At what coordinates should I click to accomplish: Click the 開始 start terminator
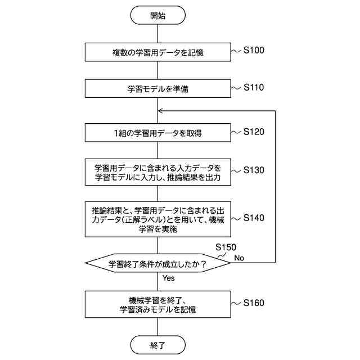point(157,16)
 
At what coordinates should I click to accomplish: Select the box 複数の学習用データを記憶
point(157,53)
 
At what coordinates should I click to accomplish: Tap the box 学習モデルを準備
point(157,89)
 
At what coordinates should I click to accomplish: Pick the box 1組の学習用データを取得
point(157,133)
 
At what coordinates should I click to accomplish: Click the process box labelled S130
point(157,172)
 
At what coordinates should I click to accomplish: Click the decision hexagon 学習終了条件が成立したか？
point(157,263)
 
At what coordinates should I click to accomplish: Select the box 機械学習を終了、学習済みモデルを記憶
point(157,304)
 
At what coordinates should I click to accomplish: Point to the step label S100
point(254,51)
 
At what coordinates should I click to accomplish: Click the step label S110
point(254,87)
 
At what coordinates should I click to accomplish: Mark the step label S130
point(254,169)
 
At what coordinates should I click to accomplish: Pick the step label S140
point(254,218)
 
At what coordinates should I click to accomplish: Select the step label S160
point(254,303)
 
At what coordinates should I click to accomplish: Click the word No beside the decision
point(239,258)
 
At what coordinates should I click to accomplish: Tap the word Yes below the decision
point(169,278)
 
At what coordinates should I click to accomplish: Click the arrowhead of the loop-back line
point(161,111)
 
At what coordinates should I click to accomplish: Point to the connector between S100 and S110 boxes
point(157,70)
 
